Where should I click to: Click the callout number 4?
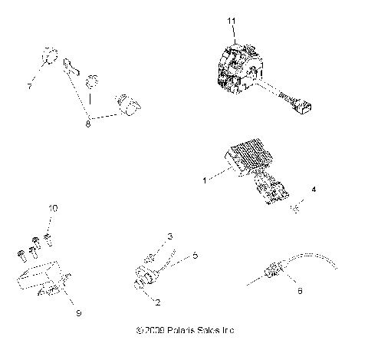click(312, 189)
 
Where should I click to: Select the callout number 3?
click(170, 237)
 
